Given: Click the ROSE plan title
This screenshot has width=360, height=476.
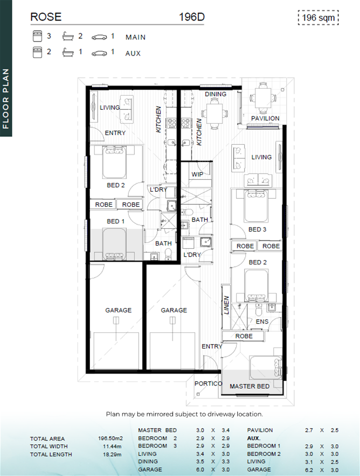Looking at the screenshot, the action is [46, 17].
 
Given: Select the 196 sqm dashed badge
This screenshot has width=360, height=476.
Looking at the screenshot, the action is [319, 18].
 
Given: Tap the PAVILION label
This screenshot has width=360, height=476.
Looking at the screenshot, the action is [265, 118].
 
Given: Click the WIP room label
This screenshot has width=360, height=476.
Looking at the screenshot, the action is [197, 174].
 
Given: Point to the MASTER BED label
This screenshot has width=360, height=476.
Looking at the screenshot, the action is [250, 386].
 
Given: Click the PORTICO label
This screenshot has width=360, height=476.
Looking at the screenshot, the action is [209, 383].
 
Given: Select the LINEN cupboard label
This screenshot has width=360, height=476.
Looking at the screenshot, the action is [226, 305].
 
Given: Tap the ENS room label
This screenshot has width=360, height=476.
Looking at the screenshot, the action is [262, 321].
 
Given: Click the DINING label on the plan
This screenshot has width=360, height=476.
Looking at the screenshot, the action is [216, 94].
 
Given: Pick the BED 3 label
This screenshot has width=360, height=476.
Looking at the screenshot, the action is [257, 229].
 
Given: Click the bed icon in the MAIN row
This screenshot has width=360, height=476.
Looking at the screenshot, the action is [37, 36].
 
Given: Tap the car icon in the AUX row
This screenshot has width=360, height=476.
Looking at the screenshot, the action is [99, 53].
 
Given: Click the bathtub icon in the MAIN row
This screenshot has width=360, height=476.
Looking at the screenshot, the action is [68, 37].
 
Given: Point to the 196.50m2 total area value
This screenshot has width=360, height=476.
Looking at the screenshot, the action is [110, 438].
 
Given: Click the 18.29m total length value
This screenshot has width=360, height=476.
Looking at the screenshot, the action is [112, 454].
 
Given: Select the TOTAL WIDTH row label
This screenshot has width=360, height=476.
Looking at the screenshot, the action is [49, 446].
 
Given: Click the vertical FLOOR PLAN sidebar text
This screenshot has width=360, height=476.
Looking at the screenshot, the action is [6, 99].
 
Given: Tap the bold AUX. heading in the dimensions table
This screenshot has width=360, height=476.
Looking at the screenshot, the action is [254, 438].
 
